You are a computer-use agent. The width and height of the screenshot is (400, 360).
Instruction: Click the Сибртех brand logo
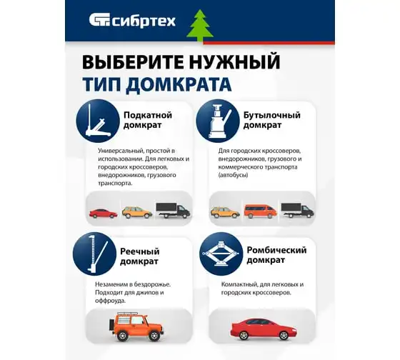(x=132, y=21)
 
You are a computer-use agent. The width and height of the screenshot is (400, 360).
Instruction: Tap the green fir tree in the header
(x=200, y=26)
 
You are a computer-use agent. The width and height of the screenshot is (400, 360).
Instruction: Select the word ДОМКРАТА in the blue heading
(x=179, y=84)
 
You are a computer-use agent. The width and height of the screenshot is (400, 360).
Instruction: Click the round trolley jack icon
(x=98, y=121)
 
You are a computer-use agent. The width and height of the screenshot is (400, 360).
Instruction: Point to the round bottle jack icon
(x=218, y=121)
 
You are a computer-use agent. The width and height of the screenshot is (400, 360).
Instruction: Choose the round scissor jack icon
(x=221, y=254)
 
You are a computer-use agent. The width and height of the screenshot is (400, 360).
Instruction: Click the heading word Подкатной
(x=148, y=115)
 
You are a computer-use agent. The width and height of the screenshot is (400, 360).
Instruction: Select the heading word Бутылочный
(x=272, y=115)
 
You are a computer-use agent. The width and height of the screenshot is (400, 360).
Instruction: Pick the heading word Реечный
(x=140, y=251)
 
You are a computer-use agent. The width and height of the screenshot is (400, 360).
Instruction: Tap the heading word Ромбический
(x=277, y=250)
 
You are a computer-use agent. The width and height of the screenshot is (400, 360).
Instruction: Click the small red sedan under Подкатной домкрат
(x=104, y=214)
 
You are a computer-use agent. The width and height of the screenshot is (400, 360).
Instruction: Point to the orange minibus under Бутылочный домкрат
(x=261, y=211)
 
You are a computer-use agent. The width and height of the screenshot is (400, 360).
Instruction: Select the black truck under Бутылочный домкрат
(x=298, y=211)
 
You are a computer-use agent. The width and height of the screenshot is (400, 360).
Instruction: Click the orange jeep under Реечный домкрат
(x=136, y=326)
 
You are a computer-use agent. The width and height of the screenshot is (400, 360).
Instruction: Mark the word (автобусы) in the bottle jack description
(x=233, y=175)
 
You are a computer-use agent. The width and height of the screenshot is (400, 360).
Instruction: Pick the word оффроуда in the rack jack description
(x=110, y=301)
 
